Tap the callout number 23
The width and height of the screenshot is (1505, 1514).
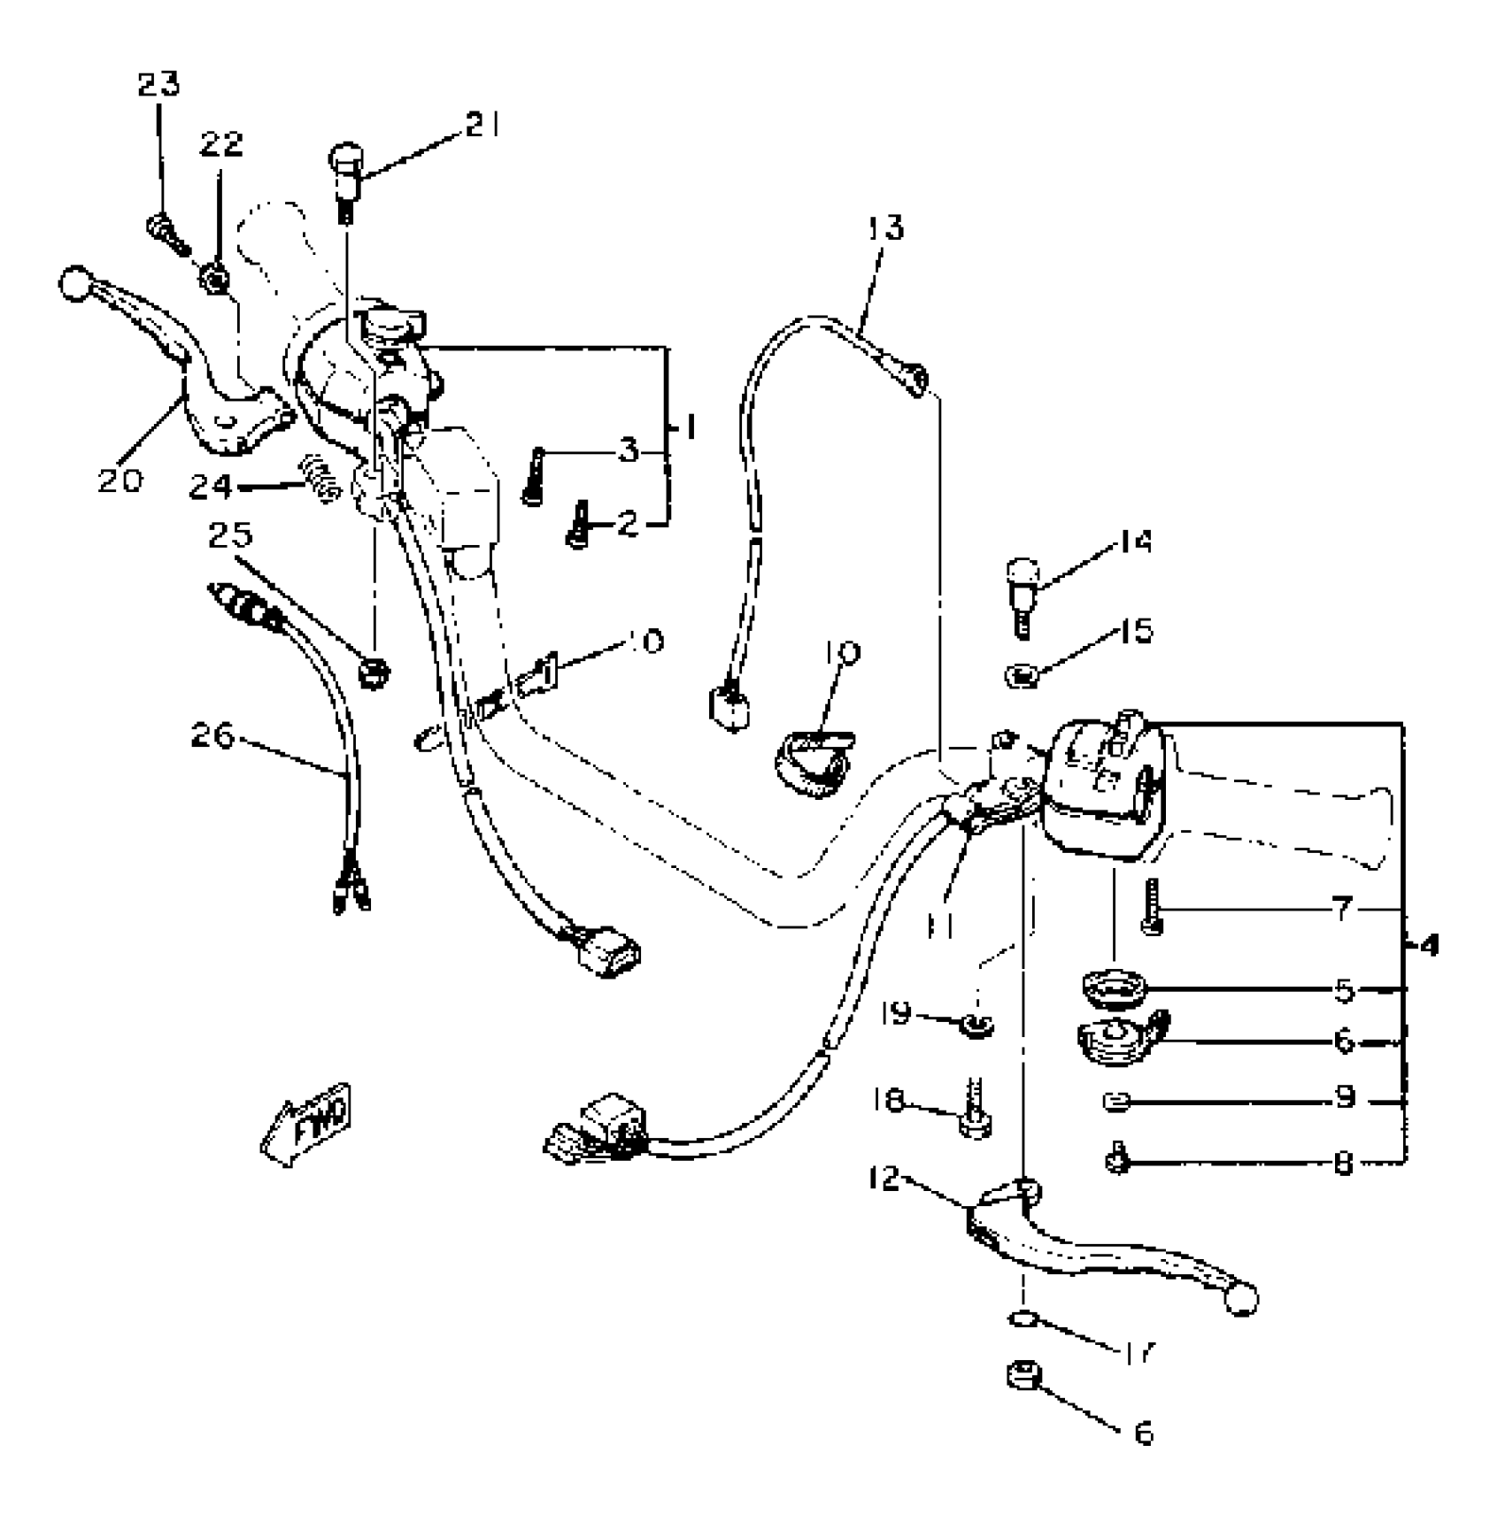click(158, 84)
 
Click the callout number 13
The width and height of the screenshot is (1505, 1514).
click(884, 227)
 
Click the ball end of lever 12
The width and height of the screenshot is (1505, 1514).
click(1241, 1300)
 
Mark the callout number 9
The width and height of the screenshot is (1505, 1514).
click(1346, 1098)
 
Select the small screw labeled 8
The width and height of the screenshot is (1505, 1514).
click(1118, 1158)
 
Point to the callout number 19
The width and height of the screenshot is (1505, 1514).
click(898, 1012)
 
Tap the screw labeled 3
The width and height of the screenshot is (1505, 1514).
click(534, 476)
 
